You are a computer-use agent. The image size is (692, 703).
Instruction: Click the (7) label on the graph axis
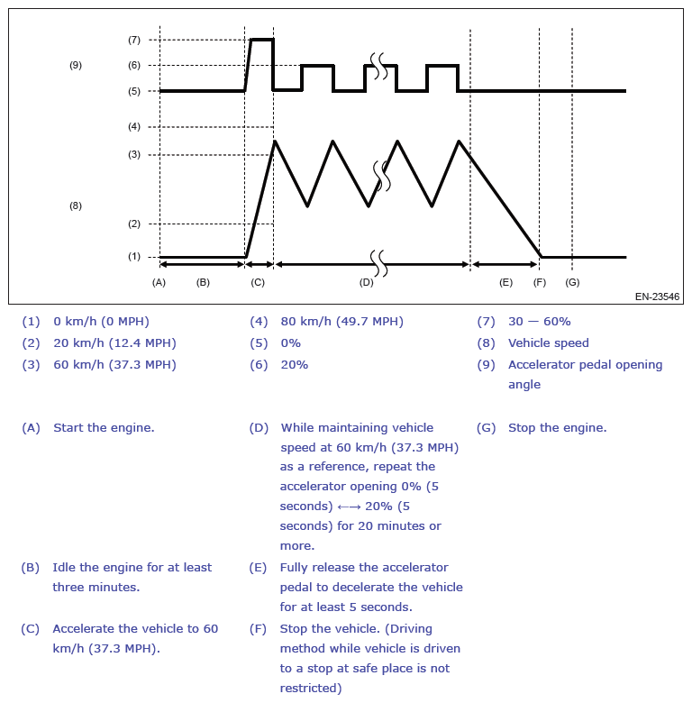coord(134,40)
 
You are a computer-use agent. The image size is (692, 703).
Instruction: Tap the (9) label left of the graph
coord(76,65)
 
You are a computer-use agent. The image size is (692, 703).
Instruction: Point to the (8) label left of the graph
coord(76,205)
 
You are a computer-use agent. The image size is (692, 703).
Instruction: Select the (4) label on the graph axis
coord(134,127)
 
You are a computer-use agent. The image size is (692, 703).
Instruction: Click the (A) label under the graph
coord(159,282)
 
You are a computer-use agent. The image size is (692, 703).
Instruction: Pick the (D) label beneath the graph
coord(366,282)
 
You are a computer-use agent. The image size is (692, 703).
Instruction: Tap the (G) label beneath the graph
coord(572,282)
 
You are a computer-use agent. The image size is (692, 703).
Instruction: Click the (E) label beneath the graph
coord(505,282)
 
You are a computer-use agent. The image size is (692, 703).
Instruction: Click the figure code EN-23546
coord(657,296)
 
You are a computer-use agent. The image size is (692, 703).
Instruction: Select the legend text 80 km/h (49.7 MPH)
coord(341,322)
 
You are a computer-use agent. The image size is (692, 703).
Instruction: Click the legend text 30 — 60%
coord(539,322)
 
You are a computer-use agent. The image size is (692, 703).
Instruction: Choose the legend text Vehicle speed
coord(548,343)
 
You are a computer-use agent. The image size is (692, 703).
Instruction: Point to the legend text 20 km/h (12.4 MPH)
coord(114,343)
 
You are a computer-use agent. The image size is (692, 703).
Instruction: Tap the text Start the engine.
coord(104,428)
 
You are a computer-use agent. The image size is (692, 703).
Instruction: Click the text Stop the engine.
coord(557,428)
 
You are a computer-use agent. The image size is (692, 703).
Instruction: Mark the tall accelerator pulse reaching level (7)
coord(261,41)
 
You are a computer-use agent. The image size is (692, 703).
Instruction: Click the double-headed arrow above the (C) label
coord(259,264)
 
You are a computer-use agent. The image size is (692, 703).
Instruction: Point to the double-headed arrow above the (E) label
coord(505,264)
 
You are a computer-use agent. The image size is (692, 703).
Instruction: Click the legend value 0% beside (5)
coord(290,343)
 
